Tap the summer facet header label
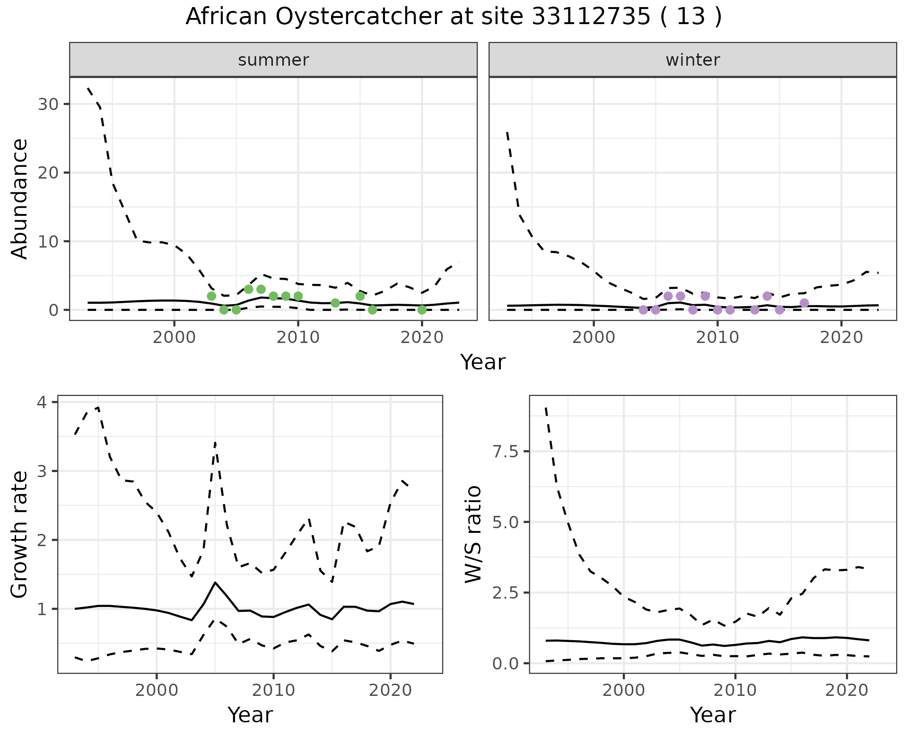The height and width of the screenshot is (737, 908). coord(273,60)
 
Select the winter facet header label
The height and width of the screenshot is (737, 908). coord(692,60)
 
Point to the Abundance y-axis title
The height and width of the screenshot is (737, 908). coord(19,199)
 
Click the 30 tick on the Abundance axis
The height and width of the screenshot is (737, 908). coord(48,104)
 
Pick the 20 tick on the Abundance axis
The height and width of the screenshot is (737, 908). coord(48,173)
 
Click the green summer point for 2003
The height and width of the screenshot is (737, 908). coord(211,296)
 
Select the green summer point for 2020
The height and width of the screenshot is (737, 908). coord(422,310)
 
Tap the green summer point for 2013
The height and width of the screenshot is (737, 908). coord(335,303)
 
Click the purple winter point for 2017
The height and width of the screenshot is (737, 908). coord(804,303)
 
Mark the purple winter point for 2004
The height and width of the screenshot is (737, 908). coord(643,310)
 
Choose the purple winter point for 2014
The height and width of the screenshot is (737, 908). coord(767,296)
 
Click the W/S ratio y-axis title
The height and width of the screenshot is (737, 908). coord(473,534)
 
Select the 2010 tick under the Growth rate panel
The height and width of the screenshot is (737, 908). coord(273,691)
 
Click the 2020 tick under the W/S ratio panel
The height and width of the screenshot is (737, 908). coord(847,691)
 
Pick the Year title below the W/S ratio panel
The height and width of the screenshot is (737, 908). coord(713,715)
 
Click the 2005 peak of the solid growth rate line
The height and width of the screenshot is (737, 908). coord(215,583)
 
